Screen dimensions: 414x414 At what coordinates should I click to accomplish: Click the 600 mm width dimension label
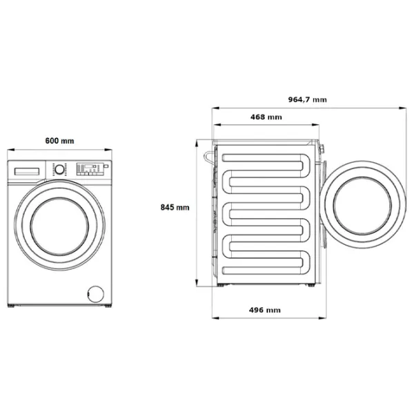point(59,141)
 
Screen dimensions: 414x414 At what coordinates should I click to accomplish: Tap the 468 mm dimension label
point(266,117)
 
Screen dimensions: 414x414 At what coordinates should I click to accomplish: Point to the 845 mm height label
point(175,207)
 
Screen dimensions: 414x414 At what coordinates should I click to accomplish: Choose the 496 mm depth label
point(265,310)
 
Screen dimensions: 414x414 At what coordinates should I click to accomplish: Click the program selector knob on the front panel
point(59,168)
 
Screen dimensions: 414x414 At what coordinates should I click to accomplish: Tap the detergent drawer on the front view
point(26,169)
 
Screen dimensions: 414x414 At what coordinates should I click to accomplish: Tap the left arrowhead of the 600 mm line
point(8,150)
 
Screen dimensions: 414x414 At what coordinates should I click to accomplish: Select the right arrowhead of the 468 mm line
point(319,125)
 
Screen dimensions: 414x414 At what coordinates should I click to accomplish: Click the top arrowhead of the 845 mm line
point(198,141)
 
